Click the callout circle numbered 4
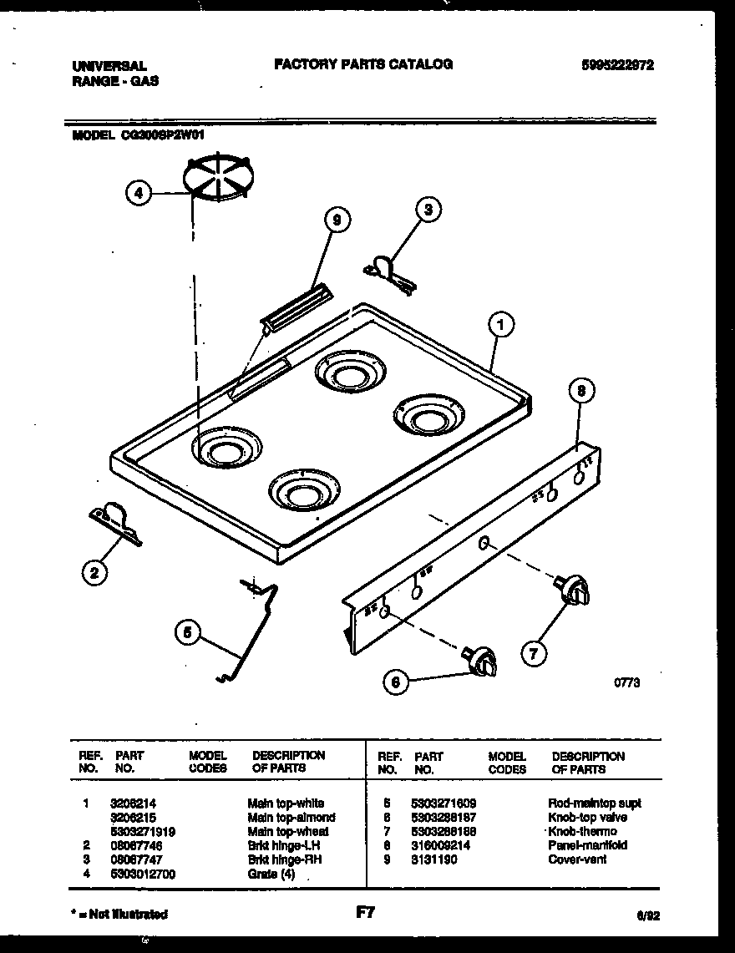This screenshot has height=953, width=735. [x=139, y=194]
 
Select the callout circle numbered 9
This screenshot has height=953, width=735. [x=336, y=221]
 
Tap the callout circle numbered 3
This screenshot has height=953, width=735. [x=428, y=210]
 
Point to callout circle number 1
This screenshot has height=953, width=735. [x=499, y=325]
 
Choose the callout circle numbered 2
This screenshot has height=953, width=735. [x=94, y=572]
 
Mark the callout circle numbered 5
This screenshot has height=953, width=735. [x=189, y=634]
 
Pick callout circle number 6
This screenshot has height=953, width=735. [x=397, y=682]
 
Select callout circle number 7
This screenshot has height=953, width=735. [x=533, y=653]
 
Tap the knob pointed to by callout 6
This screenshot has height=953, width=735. [x=483, y=661]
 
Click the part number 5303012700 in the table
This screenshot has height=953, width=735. [x=143, y=874]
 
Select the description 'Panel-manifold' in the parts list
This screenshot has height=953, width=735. [x=587, y=845]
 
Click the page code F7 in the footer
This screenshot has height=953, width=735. [x=364, y=914]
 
